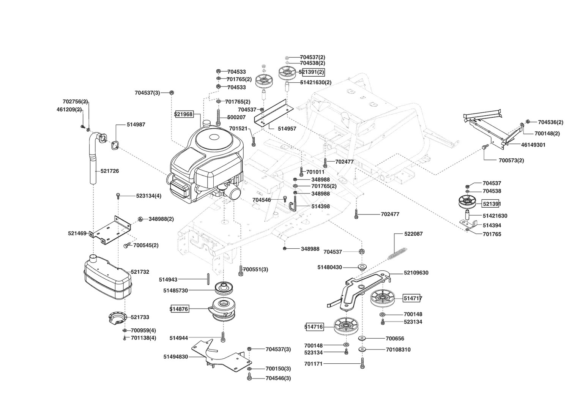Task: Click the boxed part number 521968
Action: coord(184,114)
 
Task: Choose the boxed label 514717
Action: coord(413,298)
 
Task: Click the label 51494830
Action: coord(176,357)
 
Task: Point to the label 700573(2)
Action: coord(511,160)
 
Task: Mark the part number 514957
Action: coord(287,129)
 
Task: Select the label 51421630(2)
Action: coord(316,82)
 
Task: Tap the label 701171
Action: coord(313,364)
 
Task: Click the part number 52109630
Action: coord(416,273)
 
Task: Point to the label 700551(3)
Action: coord(255,270)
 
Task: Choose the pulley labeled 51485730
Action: coord(224,288)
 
